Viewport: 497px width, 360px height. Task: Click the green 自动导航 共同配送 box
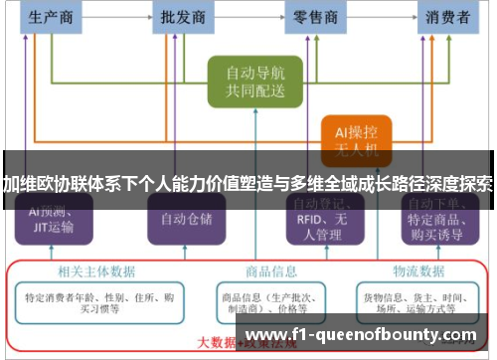coord(254,82)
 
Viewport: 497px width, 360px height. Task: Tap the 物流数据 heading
coord(417,270)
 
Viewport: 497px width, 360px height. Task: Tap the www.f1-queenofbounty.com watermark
coord(361,334)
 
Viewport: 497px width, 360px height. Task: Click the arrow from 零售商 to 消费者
coord(383,16)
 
